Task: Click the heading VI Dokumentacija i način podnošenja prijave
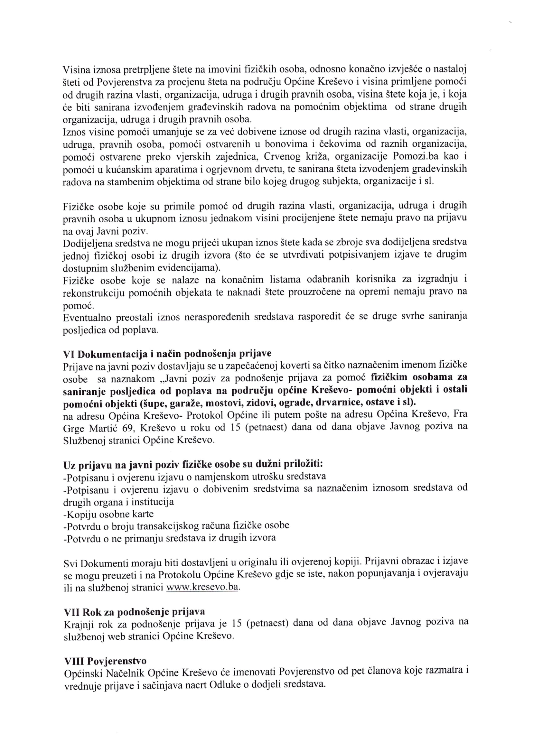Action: (x=167, y=354)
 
